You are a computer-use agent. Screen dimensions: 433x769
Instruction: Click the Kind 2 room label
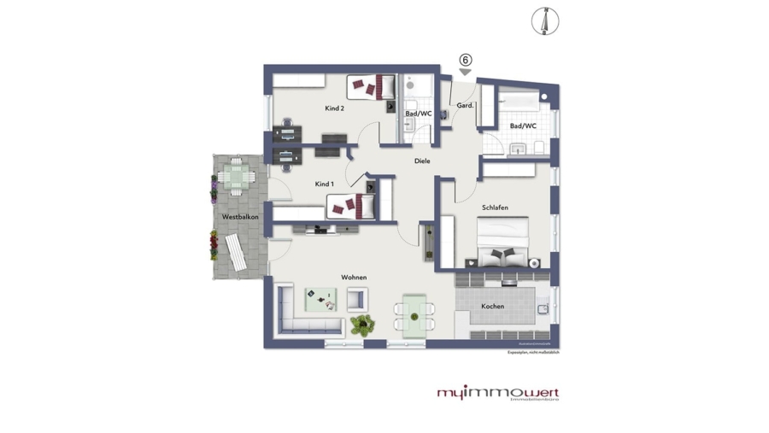tap(334, 108)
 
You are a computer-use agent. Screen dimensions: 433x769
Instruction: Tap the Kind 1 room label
tap(324, 184)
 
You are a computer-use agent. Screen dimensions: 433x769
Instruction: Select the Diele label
tap(422, 161)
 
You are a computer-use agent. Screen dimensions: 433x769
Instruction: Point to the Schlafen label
tap(495, 207)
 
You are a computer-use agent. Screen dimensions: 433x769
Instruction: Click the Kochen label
tap(492, 306)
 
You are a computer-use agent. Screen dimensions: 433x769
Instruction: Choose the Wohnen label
tap(354, 278)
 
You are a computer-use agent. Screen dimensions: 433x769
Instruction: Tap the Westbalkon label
tap(240, 217)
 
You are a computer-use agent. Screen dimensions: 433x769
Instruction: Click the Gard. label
tap(465, 105)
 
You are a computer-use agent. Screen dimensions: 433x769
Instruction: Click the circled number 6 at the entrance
tap(465, 60)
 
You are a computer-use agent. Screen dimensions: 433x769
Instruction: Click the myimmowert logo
tap(498, 393)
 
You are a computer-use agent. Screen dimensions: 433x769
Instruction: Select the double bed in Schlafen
tap(502, 242)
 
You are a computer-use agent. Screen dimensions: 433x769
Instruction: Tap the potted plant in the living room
tap(362, 324)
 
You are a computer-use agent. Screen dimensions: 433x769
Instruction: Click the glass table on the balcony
tap(233, 176)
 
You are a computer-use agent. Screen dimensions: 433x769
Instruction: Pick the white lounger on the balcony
tap(235, 249)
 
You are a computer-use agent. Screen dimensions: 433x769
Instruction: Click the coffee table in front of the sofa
tap(321, 298)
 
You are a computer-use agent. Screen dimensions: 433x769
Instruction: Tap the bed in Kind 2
tap(371, 86)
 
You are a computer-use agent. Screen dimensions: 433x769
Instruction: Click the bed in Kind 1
tap(350, 205)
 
